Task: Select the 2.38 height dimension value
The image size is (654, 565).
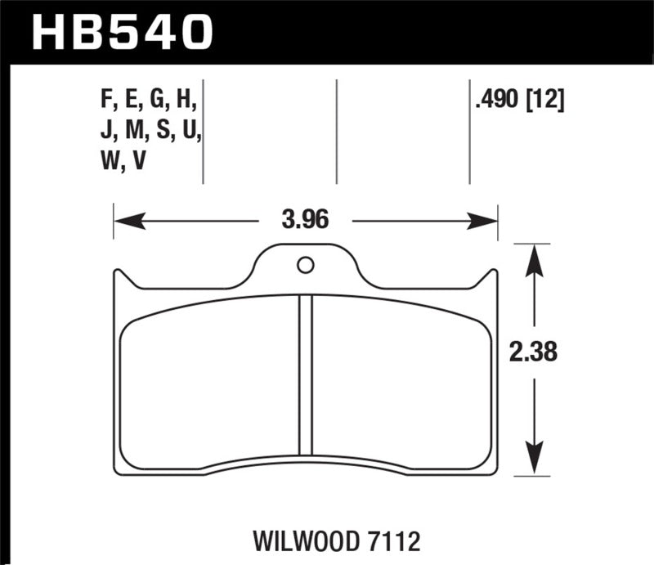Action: coord(533,352)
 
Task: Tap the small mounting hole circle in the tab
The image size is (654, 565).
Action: coord(305,265)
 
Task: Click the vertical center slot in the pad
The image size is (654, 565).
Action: coord(306,374)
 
